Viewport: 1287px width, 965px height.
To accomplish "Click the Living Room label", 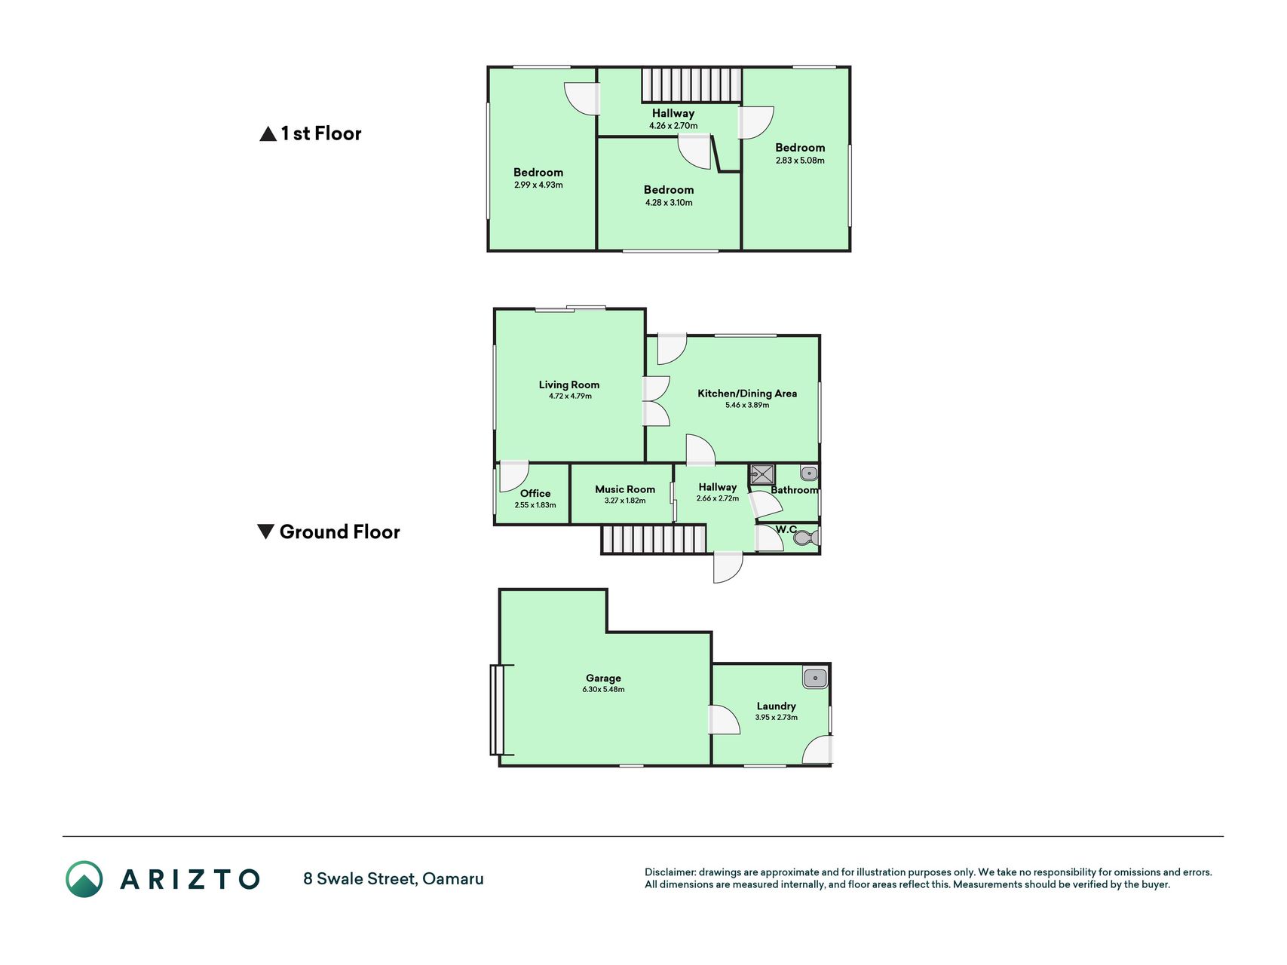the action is [569, 384].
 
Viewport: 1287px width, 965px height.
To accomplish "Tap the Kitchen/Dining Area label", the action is [747, 394].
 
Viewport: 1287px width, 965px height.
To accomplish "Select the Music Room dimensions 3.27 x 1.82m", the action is [625, 501].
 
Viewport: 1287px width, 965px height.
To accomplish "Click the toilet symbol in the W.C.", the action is [806, 538].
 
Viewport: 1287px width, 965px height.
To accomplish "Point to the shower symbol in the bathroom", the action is [762, 475].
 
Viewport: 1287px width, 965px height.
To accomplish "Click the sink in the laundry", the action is [815, 678].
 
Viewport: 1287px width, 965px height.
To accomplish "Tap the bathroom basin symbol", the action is [809, 473].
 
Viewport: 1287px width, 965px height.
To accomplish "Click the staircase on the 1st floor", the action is [691, 85].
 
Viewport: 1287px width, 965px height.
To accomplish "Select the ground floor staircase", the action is [654, 540].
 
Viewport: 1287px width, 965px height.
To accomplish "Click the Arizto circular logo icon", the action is [84, 879].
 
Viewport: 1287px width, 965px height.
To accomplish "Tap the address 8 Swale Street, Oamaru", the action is [394, 879].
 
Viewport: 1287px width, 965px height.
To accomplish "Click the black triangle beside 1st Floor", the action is [268, 134].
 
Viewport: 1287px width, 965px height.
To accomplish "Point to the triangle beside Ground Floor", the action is [265, 532].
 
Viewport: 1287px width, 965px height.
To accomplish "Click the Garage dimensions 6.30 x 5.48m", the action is [603, 689].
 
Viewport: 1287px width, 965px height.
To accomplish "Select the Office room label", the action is [535, 493].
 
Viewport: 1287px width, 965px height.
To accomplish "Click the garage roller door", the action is [498, 709].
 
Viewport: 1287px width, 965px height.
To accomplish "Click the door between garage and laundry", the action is [724, 719].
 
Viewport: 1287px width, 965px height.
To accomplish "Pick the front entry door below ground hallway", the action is [728, 567].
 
